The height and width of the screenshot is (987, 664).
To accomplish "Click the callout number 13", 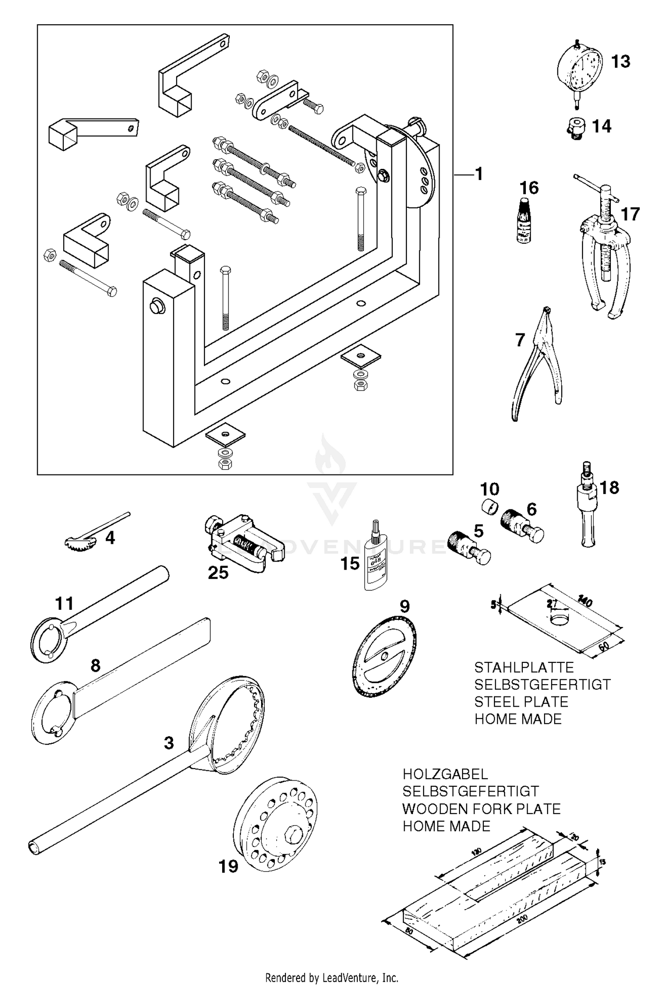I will (620, 62).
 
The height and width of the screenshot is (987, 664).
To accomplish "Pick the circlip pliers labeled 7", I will (538, 363).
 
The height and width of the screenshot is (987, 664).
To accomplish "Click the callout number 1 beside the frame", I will (479, 174).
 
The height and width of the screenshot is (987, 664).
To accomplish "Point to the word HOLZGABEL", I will (445, 774).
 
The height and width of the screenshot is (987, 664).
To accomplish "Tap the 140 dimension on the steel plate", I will (585, 602).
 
